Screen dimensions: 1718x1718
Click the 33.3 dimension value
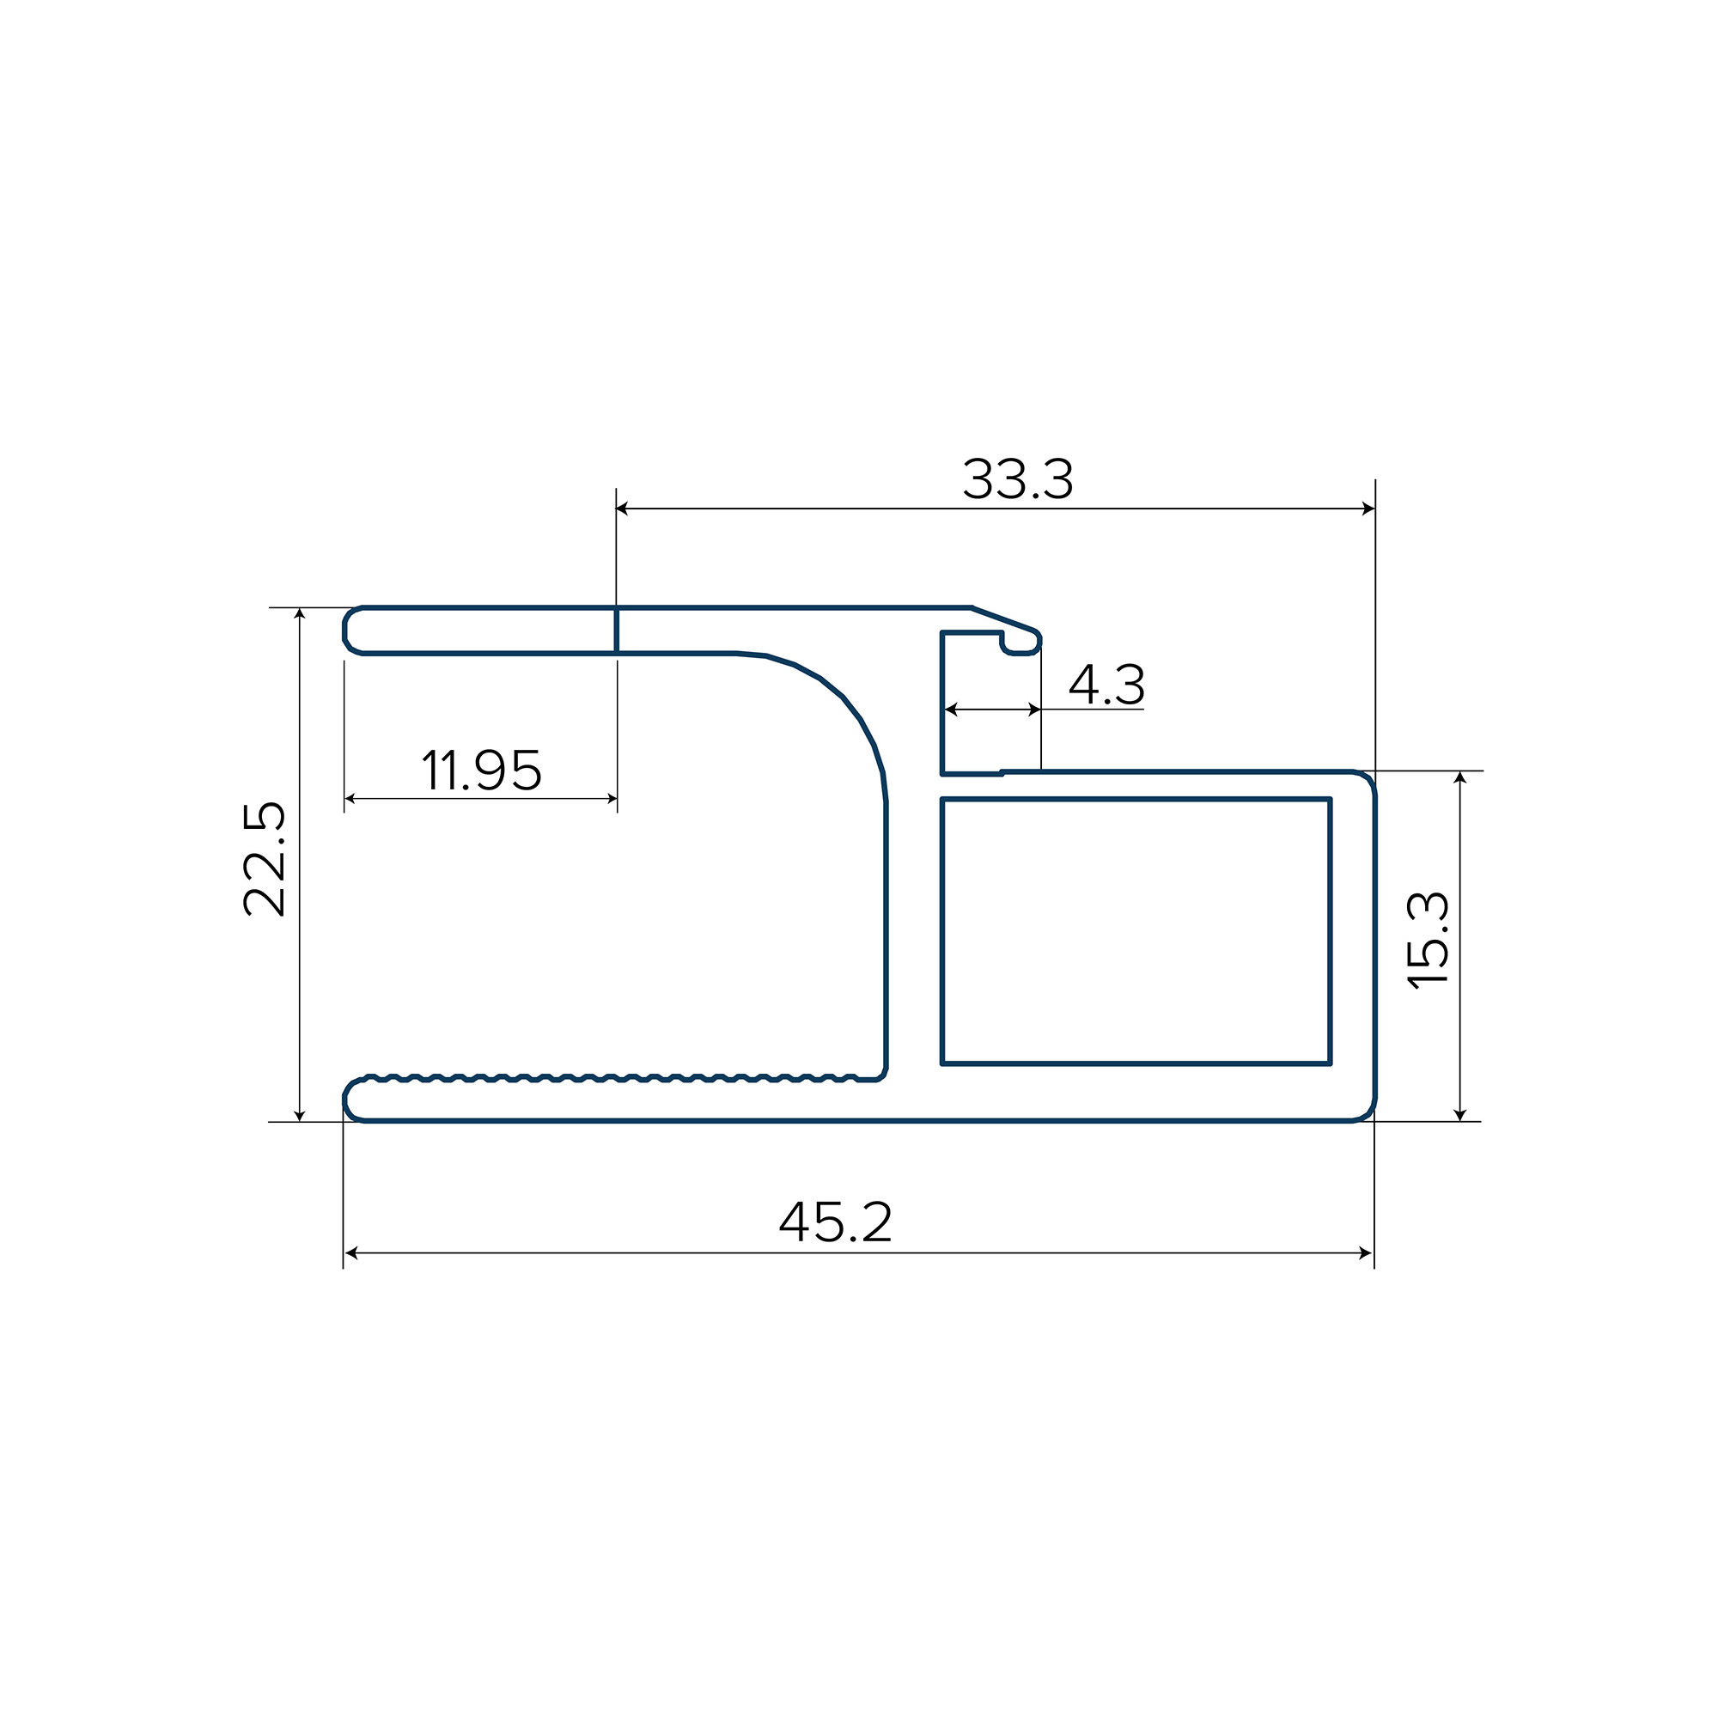(1018, 479)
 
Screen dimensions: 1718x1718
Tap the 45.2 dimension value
(835, 1221)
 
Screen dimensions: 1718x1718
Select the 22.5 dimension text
(264, 859)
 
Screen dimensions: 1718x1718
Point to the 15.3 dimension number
(1429, 939)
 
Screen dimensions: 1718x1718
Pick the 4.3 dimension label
(1106, 685)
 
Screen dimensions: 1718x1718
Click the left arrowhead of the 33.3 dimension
(623, 509)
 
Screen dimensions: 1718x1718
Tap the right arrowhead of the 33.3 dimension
(1368, 509)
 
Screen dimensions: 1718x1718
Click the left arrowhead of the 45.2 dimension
(350, 1253)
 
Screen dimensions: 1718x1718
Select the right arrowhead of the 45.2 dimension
(1367, 1253)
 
